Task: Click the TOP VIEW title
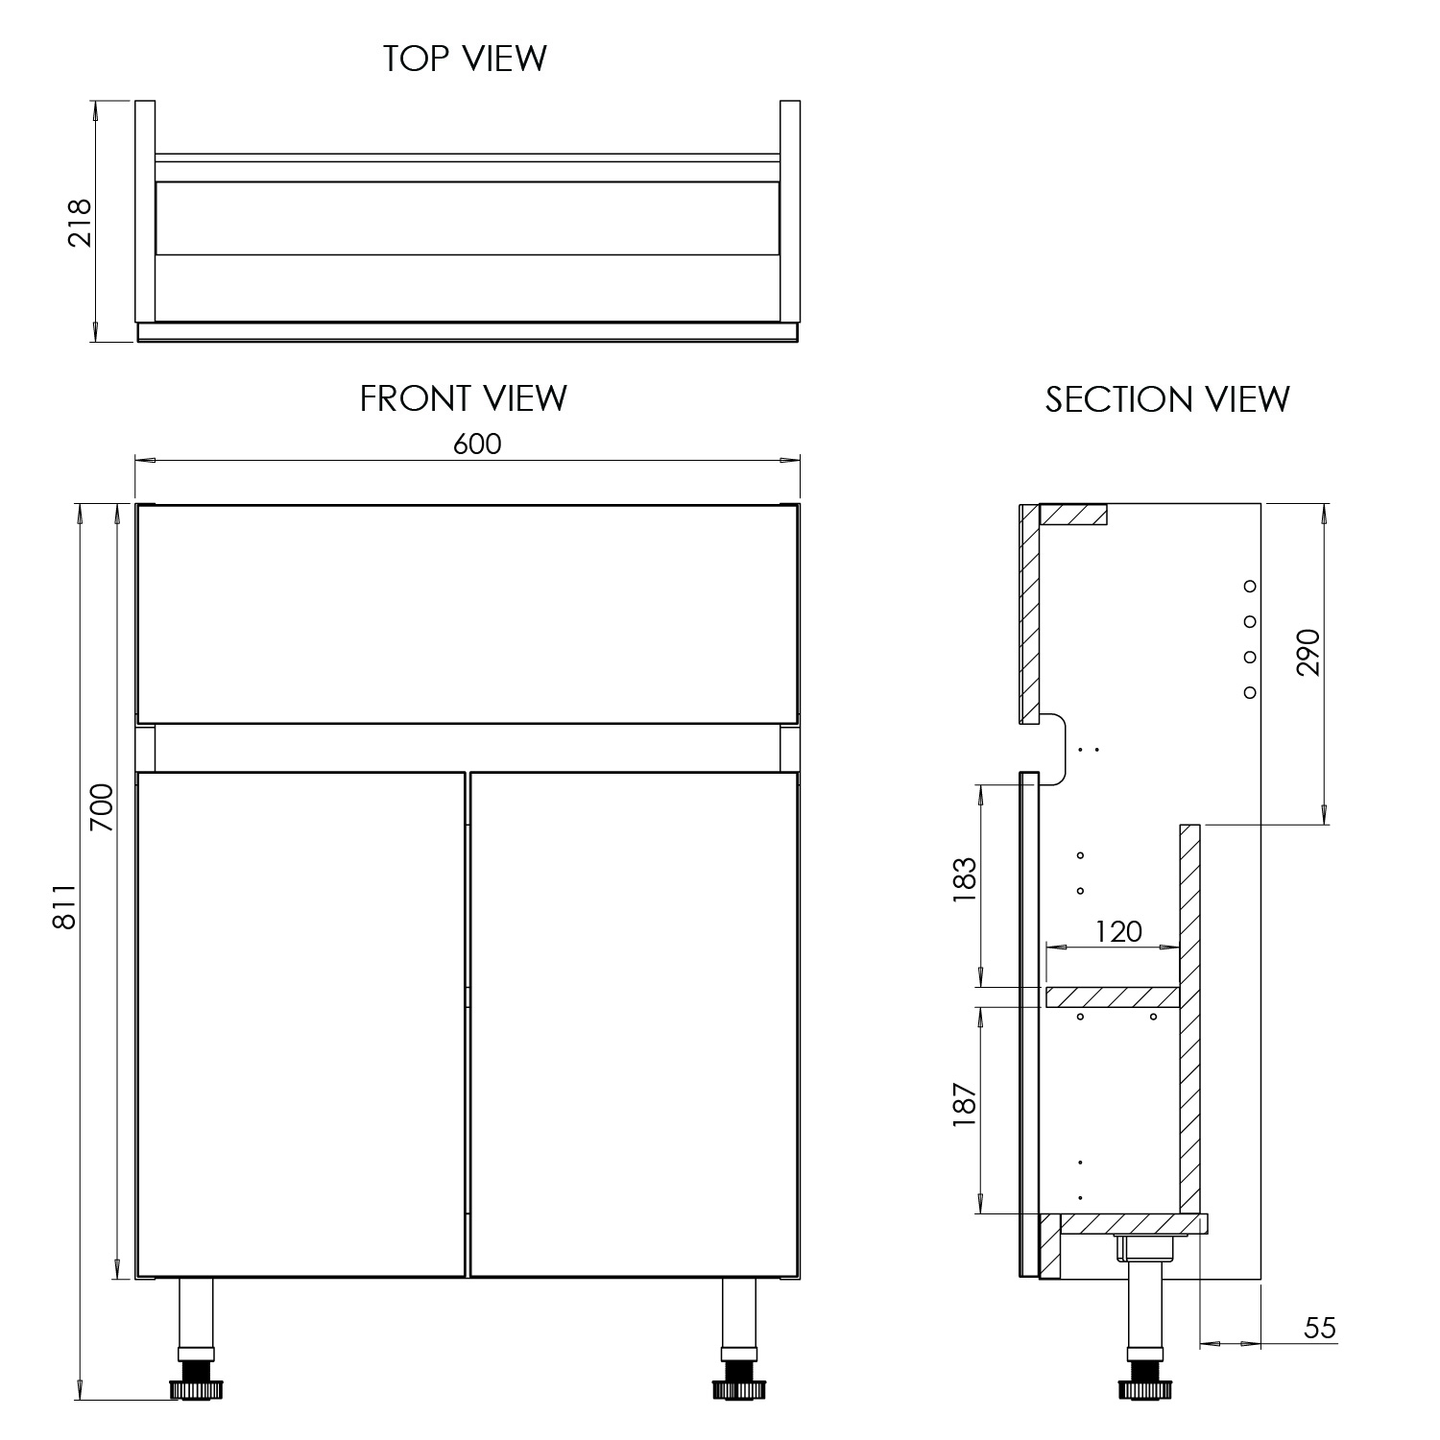coord(465,59)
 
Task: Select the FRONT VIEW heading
coord(463,398)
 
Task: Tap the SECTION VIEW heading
coord(1167,399)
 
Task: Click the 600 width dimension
coord(477,444)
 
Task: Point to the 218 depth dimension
coord(80,223)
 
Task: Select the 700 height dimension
coord(102,807)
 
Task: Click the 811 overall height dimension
coord(63,907)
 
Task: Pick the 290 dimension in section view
coord(1308,653)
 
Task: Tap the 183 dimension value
coord(964,878)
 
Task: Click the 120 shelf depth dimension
coord(1118,931)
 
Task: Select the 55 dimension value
coord(1320,1329)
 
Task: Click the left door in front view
coord(301,1023)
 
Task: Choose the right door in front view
coord(634,1023)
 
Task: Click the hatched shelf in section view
coord(1112,997)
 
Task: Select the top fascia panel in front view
coord(468,612)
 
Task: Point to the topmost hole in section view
coord(1250,586)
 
